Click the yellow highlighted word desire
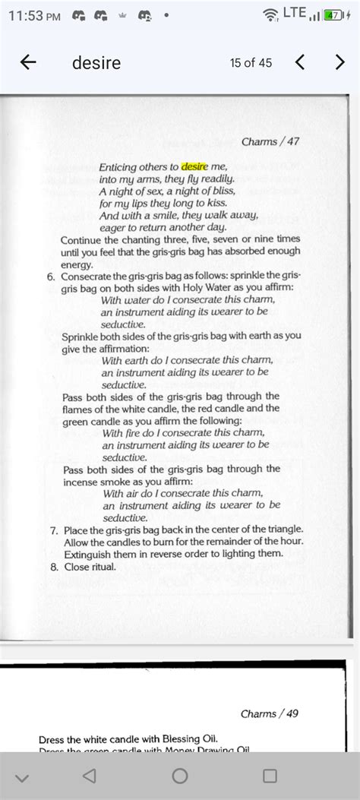tap(194, 166)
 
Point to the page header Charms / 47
tap(270, 141)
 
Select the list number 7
tap(54, 529)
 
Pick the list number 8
tap(54, 564)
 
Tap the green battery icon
tap(331, 14)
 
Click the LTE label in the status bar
tap(294, 12)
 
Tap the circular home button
tap(180, 776)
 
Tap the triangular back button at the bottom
tap(90, 776)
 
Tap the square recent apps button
tap(270, 776)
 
